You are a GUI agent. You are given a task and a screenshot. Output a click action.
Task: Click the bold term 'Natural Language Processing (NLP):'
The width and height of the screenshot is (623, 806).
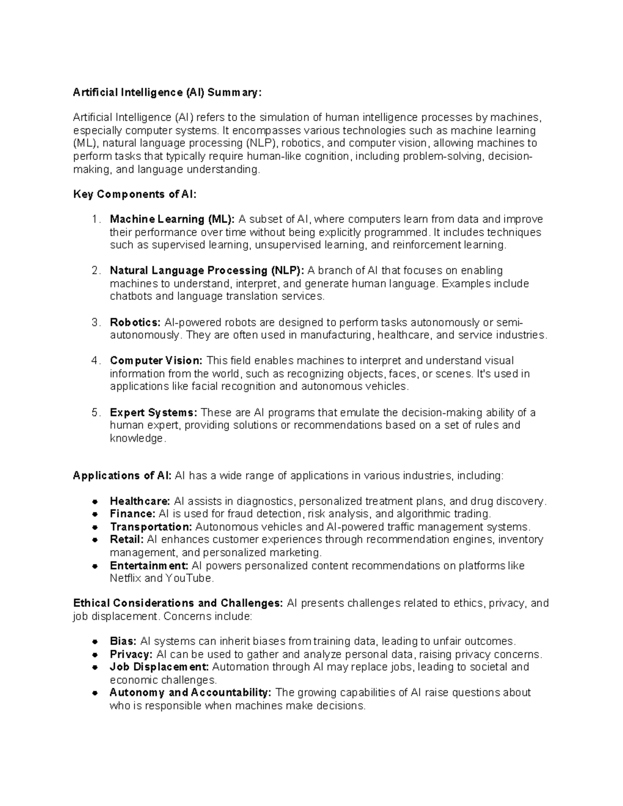(x=207, y=270)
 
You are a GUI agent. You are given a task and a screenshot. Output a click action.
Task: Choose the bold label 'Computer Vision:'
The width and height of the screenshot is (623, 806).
(x=156, y=361)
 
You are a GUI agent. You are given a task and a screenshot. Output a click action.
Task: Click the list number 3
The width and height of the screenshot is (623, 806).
(x=95, y=322)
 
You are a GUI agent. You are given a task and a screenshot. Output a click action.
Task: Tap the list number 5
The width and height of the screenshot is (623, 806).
(x=95, y=413)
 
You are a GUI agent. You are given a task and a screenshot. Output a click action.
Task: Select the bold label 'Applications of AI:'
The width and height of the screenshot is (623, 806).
(x=123, y=476)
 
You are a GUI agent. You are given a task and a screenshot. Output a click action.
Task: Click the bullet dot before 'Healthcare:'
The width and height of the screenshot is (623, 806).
(x=95, y=502)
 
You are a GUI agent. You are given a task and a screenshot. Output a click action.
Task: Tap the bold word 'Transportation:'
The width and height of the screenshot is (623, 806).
(x=151, y=527)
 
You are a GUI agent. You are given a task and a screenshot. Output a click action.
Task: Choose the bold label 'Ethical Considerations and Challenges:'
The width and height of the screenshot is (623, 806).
(x=178, y=603)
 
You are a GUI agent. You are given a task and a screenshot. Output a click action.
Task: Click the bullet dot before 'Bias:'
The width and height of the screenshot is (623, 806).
(x=95, y=641)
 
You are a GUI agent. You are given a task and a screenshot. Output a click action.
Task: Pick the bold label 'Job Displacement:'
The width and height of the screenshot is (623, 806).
(x=159, y=667)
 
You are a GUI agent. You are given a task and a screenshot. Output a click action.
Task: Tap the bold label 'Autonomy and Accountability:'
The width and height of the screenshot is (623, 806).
(x=191, y=693)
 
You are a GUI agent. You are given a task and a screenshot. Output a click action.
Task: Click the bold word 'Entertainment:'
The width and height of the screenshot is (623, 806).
(x=148, y=566)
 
